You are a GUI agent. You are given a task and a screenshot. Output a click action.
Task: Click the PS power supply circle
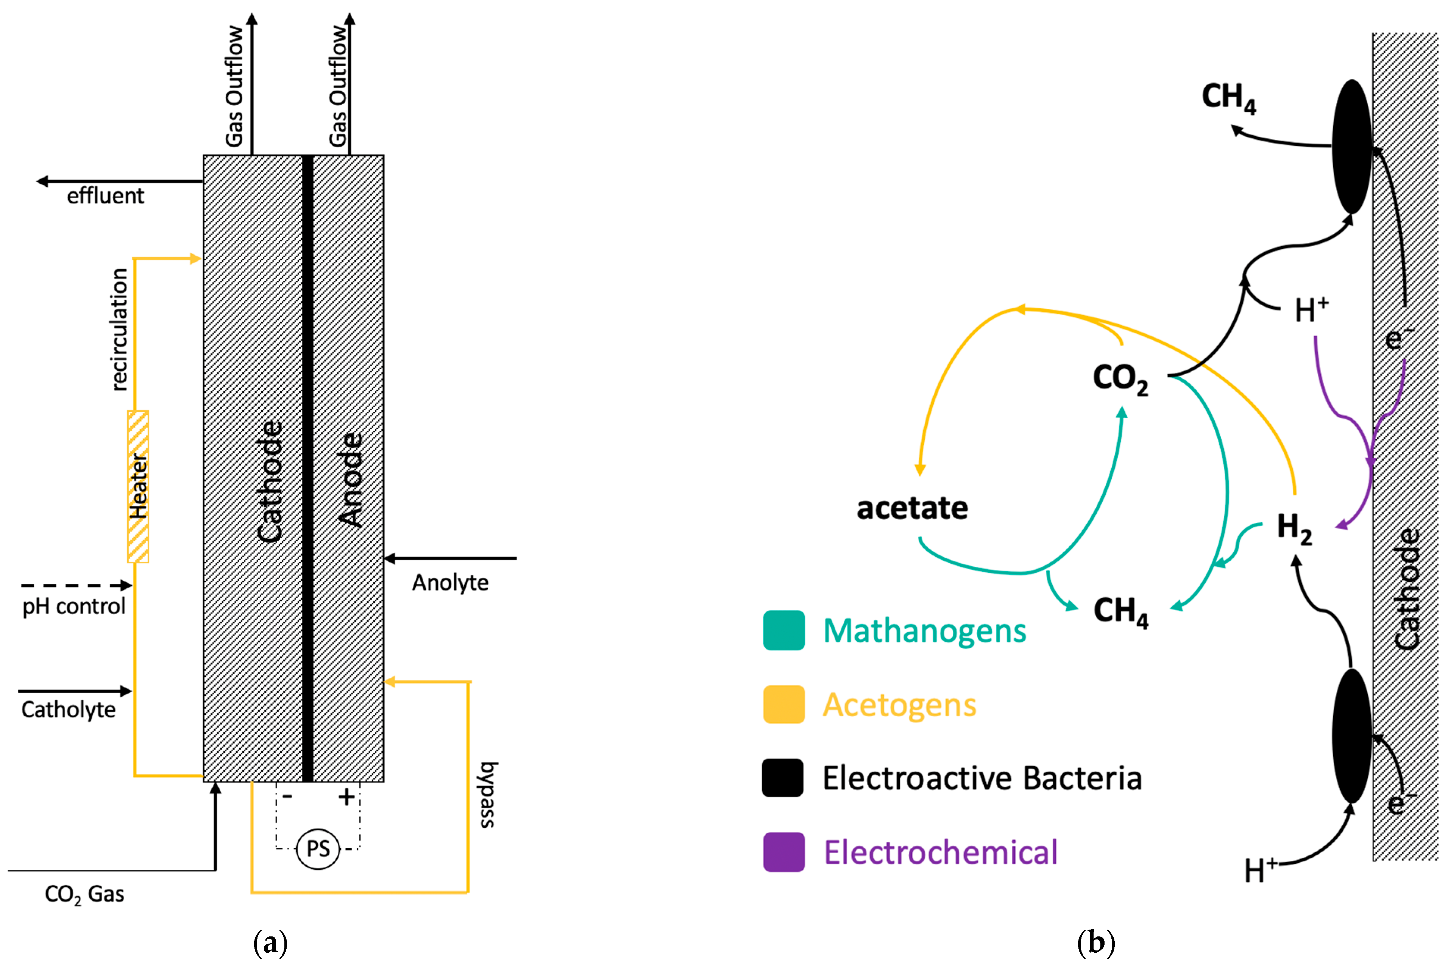[318, 849]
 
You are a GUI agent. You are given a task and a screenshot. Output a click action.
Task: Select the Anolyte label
[450, 582]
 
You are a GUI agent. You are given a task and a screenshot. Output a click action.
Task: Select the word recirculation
[119, 330]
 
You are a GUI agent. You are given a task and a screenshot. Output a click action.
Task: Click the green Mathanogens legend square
[783, 630]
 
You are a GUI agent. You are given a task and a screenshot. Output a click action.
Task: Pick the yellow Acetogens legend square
[783, 705]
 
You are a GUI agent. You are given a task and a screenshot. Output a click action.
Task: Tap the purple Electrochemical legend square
[783, 852]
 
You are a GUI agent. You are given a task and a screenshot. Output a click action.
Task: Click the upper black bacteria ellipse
[1352, 147]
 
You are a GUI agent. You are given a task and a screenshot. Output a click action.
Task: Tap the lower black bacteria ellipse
[1352, 735]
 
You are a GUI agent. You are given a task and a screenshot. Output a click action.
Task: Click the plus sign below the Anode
[346, 797]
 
